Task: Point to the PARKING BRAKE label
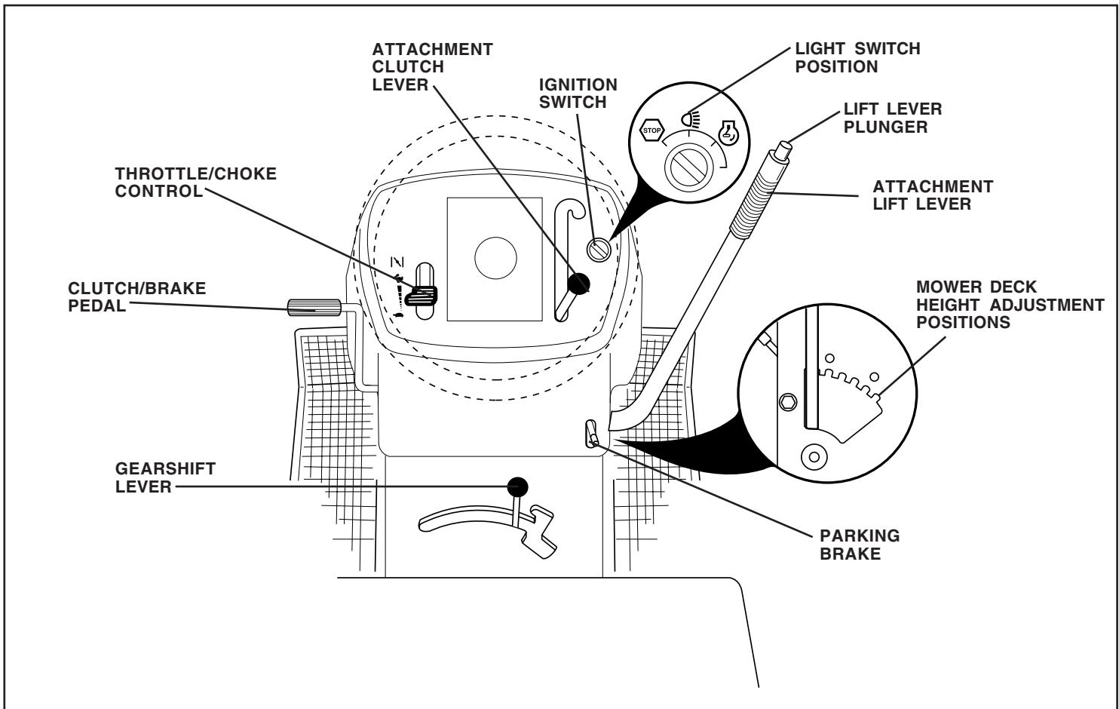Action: coord(859,545)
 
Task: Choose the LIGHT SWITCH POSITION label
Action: coord(857,57)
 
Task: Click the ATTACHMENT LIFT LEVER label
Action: coord(934,195)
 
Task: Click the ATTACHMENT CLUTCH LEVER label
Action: coord(433,67)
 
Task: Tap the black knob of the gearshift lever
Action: coord(517,486)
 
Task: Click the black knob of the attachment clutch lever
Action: coord(579,283)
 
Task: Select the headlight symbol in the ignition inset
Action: coord(689,118)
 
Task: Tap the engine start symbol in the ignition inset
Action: coord(728,133)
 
